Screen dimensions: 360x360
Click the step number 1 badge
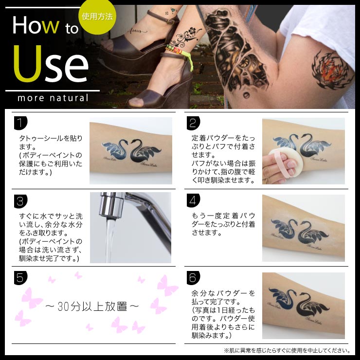coord(20,123)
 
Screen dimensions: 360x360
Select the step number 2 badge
coord(193,123)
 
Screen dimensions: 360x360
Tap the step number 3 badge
coord(20,201)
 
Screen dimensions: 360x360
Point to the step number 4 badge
coord(193,200)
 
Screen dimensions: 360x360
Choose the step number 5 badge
coord(20,278)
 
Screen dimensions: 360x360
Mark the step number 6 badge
coord(193,278)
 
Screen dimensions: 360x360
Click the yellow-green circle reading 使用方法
coord(97,17)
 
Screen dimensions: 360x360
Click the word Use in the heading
coord(51,64)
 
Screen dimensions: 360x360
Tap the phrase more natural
coord(53,98)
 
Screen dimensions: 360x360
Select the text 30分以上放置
coord(92,306)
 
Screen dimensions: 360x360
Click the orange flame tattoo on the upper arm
coord(331,71)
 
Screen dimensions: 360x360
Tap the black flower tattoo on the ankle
coord(186,37)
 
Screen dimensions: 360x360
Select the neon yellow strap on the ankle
coord(185,56)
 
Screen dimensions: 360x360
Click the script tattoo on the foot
coord(137,31)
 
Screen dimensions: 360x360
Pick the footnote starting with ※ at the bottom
coord(287,350)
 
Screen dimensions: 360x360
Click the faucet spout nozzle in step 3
coord(111,205)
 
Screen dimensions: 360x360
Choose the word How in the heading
coord(36,25)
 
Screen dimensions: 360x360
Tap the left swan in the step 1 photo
coord(115,149)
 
